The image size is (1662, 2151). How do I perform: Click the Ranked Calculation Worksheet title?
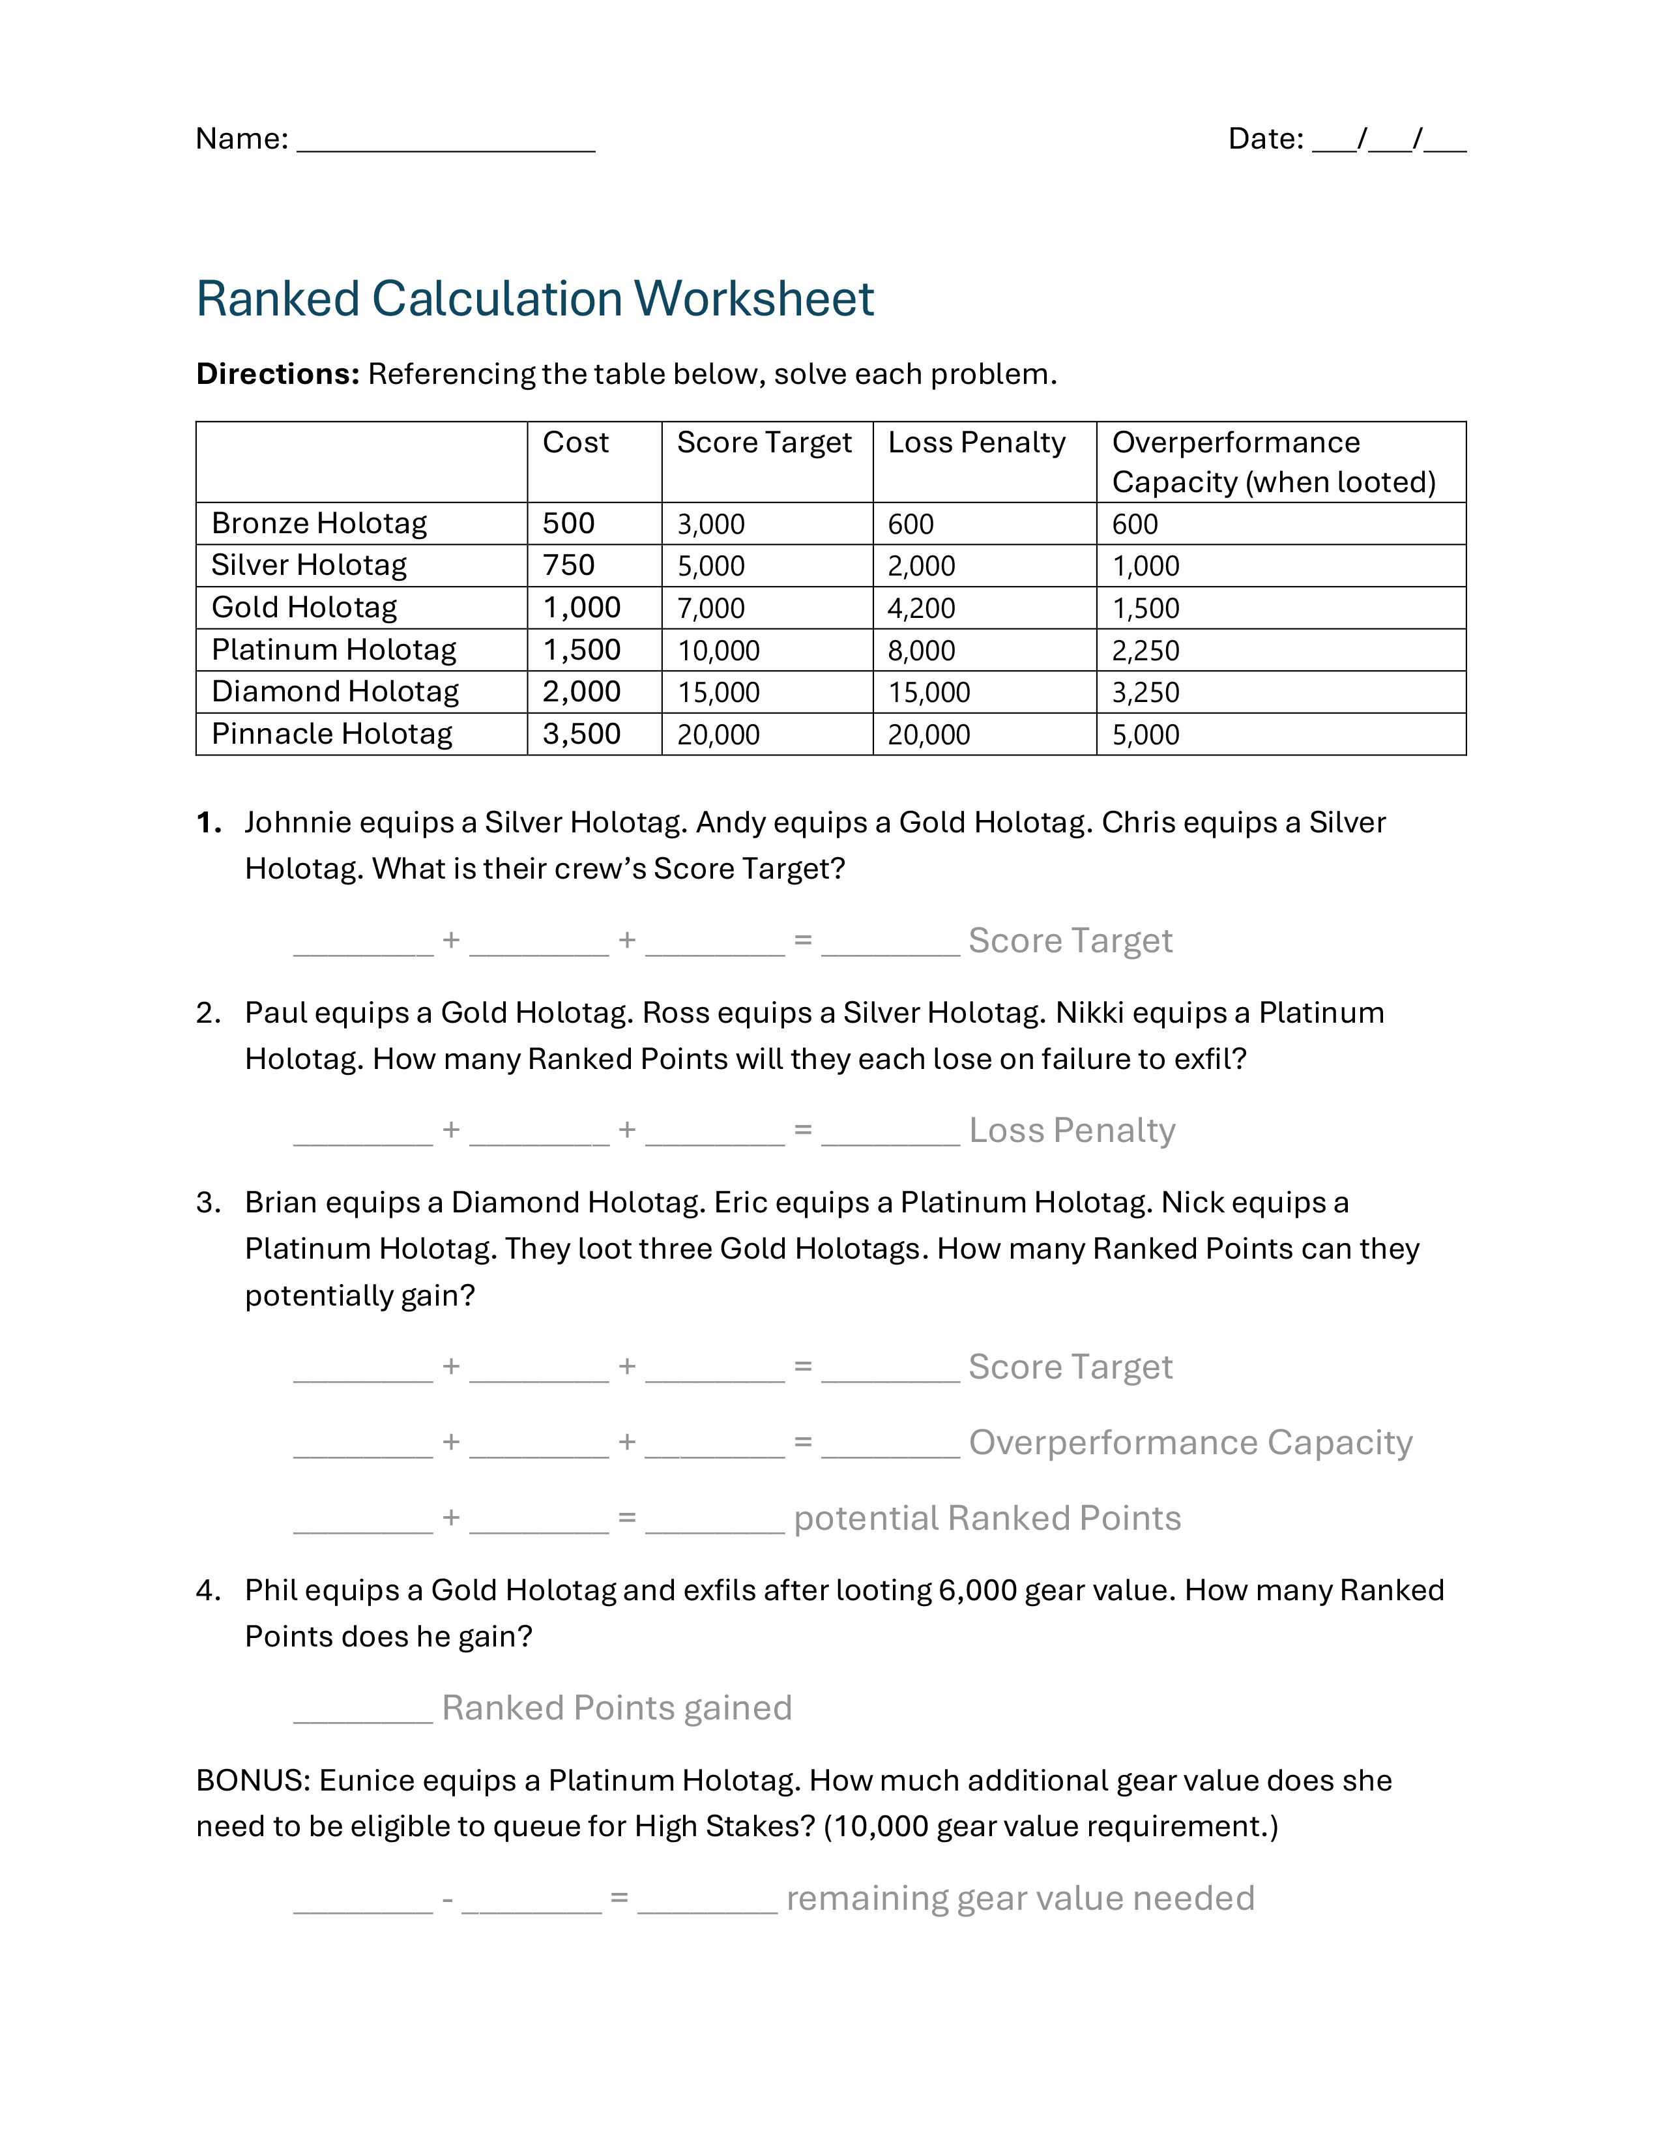[x=534, y=299]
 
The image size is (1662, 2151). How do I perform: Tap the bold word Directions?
[x=278, y=374]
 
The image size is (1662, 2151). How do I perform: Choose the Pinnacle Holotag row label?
[x=332, y=734]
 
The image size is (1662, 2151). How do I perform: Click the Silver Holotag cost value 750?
[x=568, y=565]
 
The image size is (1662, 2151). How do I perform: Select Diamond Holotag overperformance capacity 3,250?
[x=1145, y=692]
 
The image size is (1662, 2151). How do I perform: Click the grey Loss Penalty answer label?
[x=1072, y=1131]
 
